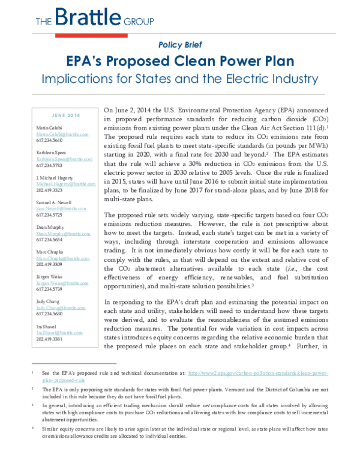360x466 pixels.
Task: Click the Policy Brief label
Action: tap(180, 45)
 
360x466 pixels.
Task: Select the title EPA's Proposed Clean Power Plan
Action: tap(180, 61)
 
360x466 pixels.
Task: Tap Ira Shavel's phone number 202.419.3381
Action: tap(49, 338)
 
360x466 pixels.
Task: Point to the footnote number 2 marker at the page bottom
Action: tap(32, 388)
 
